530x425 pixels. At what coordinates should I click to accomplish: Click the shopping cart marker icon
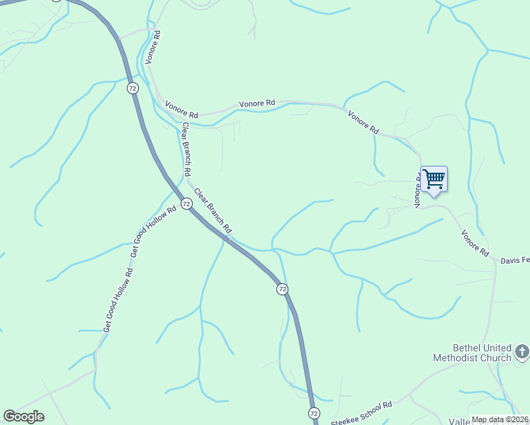click(434, 178)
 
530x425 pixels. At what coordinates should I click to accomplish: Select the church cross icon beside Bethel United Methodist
click(521, 351)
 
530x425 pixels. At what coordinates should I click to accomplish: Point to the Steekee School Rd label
click(362, 414)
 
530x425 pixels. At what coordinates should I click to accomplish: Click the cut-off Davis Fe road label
click(515, 261)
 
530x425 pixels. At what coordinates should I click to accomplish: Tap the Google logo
click(23, 416)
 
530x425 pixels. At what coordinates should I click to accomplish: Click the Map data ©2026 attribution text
click(500, 419)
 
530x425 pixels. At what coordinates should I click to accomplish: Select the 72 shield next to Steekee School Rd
click(314, 412)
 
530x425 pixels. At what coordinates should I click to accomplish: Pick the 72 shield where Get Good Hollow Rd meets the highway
click(186, 203)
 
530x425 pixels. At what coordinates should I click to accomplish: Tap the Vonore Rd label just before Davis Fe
click(475, 243)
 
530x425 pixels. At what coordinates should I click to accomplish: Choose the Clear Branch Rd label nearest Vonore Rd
click(186, 149)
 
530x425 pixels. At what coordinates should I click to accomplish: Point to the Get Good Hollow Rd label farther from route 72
click(118, 300)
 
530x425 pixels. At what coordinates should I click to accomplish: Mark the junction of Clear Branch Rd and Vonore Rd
click(177, 120)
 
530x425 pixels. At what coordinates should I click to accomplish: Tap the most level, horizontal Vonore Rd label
click(256, 103)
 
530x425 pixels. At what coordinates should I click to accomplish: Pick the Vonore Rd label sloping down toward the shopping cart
click(363, 122)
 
